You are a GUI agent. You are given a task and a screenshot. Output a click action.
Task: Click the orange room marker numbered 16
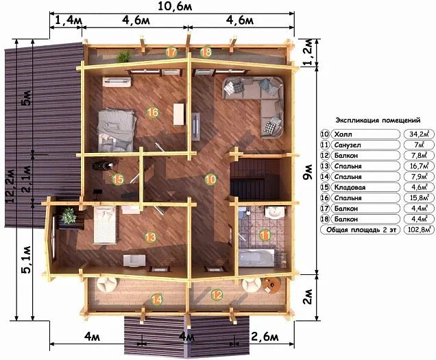point(152,112)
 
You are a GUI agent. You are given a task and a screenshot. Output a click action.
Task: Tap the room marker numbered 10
point(210,179)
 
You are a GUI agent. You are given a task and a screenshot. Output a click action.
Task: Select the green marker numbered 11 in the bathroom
point(265,235)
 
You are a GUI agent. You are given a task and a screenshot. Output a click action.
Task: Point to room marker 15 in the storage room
point(118,179)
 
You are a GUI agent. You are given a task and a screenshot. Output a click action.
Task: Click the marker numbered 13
point(150,237)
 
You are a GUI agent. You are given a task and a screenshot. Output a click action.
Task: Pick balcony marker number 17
point(171,52)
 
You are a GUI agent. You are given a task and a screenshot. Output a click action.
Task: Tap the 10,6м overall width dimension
point(175,6)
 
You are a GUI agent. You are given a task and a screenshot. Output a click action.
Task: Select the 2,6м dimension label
point(265,337)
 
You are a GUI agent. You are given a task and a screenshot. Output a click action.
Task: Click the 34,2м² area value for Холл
point(418,134)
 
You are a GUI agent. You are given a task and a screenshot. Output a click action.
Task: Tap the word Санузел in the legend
point(348,145)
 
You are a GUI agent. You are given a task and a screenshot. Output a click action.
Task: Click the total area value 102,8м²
point(419,230)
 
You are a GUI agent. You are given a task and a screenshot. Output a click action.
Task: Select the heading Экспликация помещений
point(378,121)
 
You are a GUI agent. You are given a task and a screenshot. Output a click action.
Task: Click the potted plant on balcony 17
point(123,56)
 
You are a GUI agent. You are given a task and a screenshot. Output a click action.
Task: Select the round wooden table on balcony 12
point(272,285)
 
